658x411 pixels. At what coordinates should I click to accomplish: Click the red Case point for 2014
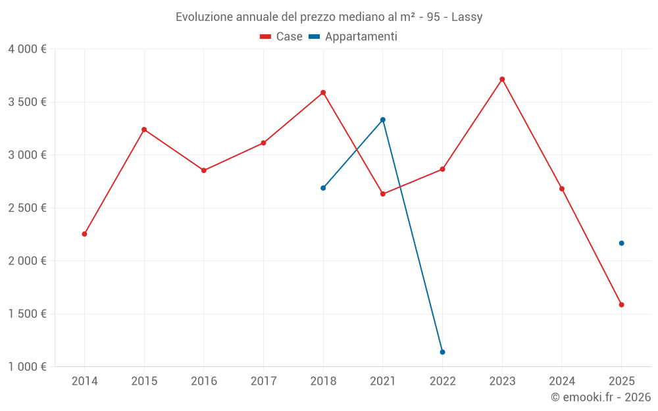pos(84,234)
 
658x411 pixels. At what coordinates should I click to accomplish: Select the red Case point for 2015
pos(144,130)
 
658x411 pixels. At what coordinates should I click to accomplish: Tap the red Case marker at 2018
pos(323,93)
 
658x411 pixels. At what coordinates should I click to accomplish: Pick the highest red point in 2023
pos(502,79)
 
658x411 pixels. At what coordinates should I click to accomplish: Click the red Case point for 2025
pos(621,304)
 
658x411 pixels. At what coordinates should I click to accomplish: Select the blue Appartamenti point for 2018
pos(323,188)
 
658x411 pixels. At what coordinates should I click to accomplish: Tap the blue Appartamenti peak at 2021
pos(383,120)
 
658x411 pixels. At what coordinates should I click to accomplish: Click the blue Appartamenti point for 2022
pos(442,352)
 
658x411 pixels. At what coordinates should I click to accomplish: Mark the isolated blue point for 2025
pos(621,243)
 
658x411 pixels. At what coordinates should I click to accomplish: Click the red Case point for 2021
pos(383,194)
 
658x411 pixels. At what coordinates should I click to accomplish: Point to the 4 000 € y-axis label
pos(27,49)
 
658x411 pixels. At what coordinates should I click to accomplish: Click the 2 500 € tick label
pos(27,208)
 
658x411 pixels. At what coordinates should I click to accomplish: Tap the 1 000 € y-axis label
pos(27,367)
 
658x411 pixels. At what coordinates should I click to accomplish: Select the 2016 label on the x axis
pos(204,381)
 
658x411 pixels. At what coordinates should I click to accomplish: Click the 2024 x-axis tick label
pos(562,381)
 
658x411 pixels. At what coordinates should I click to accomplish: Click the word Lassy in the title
pos(467,17)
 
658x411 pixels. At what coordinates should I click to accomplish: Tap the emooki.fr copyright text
pos(601,397)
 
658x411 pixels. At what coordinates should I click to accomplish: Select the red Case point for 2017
pos(263,143)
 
